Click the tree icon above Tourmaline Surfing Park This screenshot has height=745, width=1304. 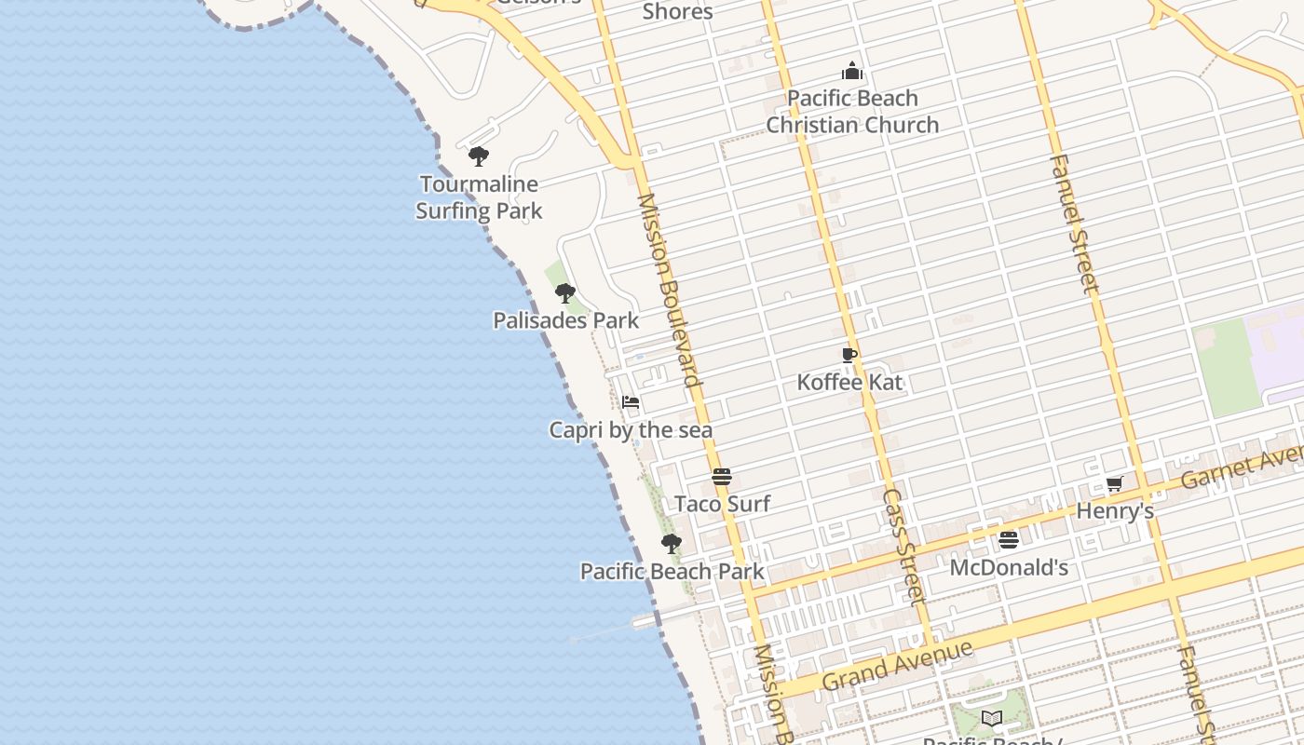coord(479,156)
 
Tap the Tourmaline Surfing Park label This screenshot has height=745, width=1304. coord(479,197)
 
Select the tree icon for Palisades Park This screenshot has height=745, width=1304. coord(564,293)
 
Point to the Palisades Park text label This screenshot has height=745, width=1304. coord(565,320)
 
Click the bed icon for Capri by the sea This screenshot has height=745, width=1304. coord(631,403)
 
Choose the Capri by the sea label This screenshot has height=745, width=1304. coord(631,430)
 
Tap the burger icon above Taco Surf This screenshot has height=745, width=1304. coord(722,477)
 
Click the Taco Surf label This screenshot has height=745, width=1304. coord(722,504)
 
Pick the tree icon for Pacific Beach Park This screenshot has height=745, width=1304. coord(671,544)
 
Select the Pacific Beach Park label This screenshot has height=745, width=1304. coord(672,571)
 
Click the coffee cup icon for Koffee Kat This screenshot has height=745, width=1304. coord(849,355)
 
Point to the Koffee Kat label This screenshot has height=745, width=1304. coord(849,382)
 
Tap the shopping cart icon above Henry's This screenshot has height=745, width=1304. coord(1115,484)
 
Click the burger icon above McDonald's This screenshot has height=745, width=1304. coord(1009,540)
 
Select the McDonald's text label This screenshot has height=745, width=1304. coord(1009,567)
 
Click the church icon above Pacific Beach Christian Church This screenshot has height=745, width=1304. coord(852,71)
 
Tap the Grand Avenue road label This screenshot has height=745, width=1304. coord(897,665)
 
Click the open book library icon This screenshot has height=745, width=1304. coord(992,718)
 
